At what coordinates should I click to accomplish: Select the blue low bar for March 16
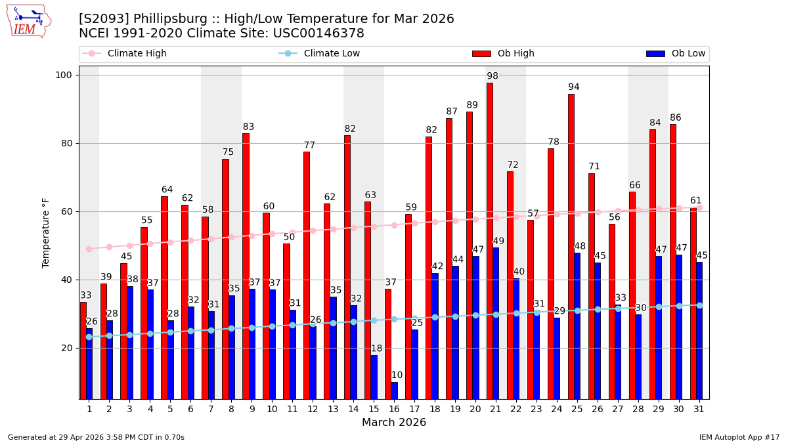pyautogui.click(x=394, y=390)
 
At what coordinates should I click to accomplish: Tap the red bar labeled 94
pyautogui.click(x=571, y=246)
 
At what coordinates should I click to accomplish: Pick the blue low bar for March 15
pyautogui.click(x=374, y=377)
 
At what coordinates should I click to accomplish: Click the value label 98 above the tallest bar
pyautogui.click(x=492, y=76)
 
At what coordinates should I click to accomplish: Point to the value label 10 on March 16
pyautogui.click(x=397, y=375)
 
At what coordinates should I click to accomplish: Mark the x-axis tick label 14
pyautogui.click(x=353, y=409)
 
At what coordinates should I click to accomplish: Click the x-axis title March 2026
pyautogui.click(x=394, y=423)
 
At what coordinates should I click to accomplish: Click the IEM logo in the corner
pyautogui.click(x=29, y=21)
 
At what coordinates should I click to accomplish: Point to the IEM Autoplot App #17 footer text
pyautogui.click(x=739, y=437)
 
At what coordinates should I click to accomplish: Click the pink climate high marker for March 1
pyautogui.click(x=89, y=249)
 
